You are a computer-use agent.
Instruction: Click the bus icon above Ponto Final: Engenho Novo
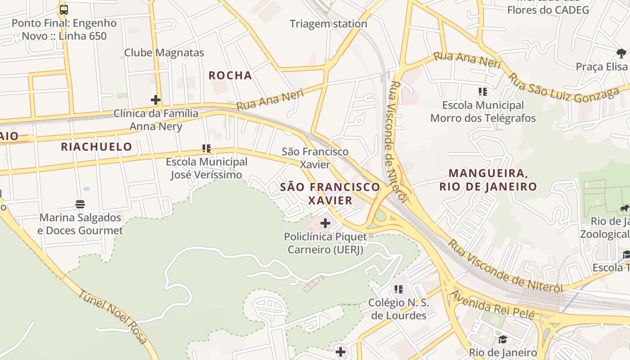[x=64, y=10]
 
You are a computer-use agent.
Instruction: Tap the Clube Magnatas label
[x=164, y=53]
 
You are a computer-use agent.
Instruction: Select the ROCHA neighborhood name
[x=230, y=76]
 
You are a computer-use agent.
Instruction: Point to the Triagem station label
[x=328, y=24]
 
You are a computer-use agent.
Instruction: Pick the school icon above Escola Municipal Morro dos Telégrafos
[x=483, y=92]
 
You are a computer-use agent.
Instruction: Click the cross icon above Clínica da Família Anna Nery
[x=156, y=100]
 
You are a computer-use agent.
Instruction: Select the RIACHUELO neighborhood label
[x=96, y=147]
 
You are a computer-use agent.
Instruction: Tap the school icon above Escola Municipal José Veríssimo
[x=207, y=148]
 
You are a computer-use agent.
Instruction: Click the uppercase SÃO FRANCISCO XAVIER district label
[x=330, y=193]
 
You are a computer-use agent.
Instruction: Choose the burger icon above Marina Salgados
[x=80, y=204]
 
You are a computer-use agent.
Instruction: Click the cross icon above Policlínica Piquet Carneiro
[x=325, y=223]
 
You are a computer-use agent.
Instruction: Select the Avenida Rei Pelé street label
[x=493, y=305]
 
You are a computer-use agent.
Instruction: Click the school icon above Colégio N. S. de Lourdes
[x=398, y=289]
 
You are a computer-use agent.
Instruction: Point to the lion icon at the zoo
[x=624, y=208]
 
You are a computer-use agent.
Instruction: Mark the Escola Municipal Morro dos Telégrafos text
[x=483, y=112]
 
